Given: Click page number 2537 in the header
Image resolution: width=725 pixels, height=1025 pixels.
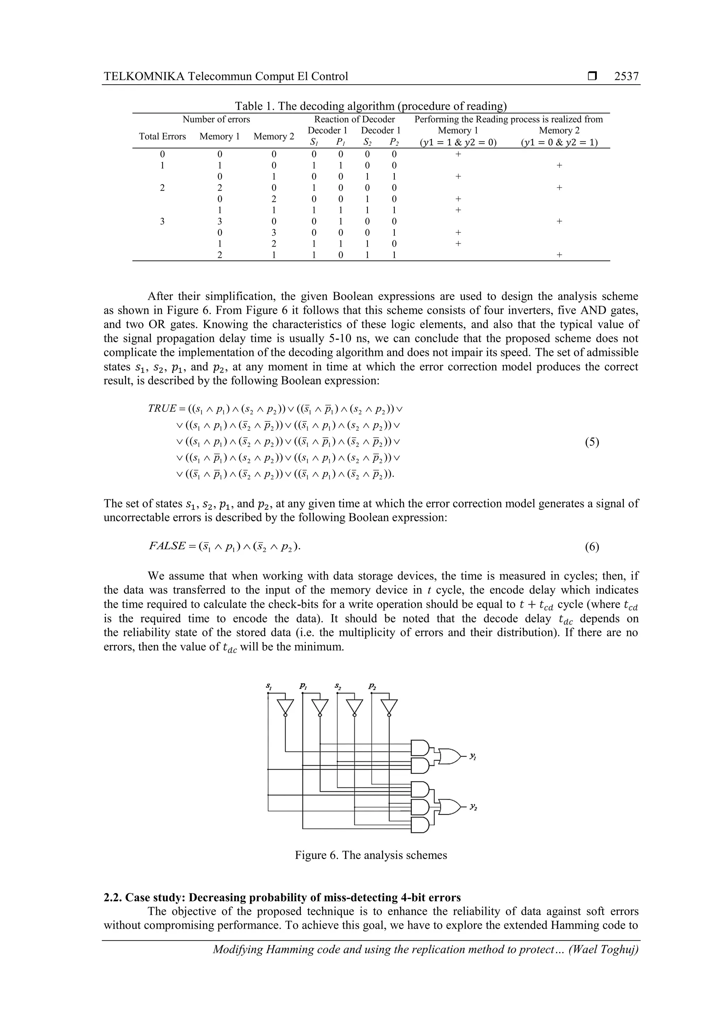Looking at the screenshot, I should pyautogui.click(x=626, y=76).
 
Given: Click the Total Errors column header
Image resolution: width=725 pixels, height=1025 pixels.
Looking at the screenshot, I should pyautogui.click(x=162, y=137).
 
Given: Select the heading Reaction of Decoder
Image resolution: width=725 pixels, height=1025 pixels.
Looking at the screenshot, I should pyautogui.click(x=354, y=119).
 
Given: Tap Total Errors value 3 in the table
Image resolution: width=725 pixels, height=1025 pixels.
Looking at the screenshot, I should pyautogui.click(x=162, y=221).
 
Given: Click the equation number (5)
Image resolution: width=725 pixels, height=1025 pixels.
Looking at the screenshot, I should pyautogui.click(x=592, y=442).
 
